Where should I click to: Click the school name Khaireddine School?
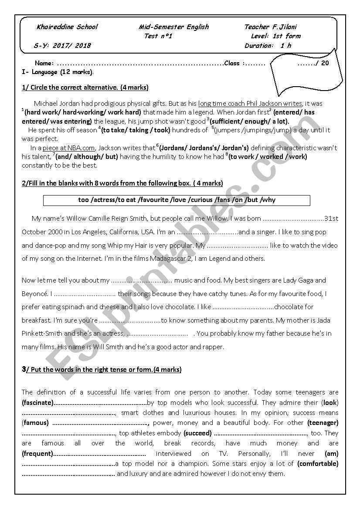click(x=68, y=27)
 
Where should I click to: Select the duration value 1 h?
click(x=286, y=46)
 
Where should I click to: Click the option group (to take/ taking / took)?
click(x=136, y=130)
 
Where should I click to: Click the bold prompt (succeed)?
click(x=197, y=433)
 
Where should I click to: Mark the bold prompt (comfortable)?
click(x=318, y=464)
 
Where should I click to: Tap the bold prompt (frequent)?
click(x=37, y=454)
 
